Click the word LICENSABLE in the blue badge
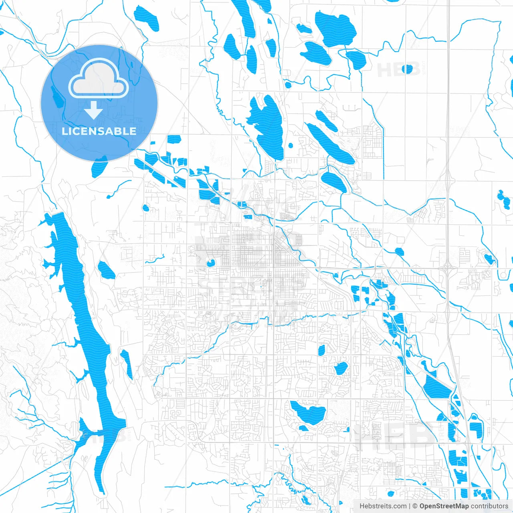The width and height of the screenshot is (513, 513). point(99,131)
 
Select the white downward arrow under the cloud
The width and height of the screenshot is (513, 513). point(93,110)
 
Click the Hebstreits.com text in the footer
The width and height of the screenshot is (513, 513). point(383,506)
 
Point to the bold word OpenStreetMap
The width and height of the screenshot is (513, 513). point(444,506)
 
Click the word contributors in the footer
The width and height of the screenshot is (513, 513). point(489,506)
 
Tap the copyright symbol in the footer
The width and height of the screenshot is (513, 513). point(415,506)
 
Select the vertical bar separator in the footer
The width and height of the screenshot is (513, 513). point(410,506)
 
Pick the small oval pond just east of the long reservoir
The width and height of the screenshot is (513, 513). point(107,270)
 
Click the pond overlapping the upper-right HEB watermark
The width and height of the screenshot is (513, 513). point(407,69)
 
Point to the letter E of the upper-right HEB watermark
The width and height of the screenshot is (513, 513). point(398,70)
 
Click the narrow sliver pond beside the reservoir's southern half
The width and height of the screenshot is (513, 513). point(127,364)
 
